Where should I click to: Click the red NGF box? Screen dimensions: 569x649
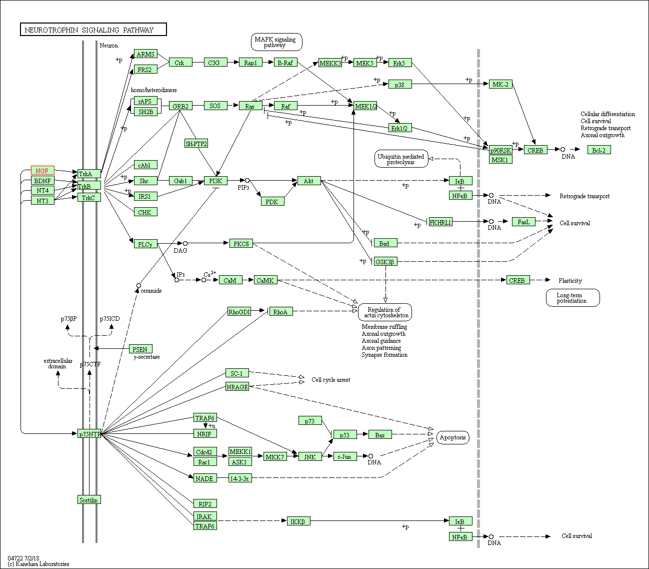point(42,171)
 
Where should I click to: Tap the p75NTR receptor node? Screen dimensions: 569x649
point(89,434)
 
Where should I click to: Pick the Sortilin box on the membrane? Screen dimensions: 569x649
point(89,500)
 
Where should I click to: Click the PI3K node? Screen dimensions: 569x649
point(215,181)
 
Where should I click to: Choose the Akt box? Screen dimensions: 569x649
point(308,181)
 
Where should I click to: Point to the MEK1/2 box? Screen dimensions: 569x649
point(365,106)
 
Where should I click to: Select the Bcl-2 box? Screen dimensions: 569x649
point(598,150)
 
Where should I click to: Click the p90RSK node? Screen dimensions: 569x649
point(500,150)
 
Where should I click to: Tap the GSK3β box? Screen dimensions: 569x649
point(385,261)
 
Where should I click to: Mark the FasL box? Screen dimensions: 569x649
point(523,222)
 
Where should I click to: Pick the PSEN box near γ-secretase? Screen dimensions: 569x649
point(140,349)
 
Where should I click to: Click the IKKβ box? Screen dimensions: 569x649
point(298,521)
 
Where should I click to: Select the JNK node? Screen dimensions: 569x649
point(310,456)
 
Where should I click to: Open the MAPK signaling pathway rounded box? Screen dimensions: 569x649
point(276,42)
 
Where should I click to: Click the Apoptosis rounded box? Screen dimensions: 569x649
point(452,437)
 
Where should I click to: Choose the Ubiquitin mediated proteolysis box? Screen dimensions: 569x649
point(401,159)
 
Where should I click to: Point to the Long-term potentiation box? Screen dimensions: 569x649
point(572,298)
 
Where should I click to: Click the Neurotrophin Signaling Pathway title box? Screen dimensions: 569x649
point(93,30)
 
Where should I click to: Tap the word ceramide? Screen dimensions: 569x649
point(151,291)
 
